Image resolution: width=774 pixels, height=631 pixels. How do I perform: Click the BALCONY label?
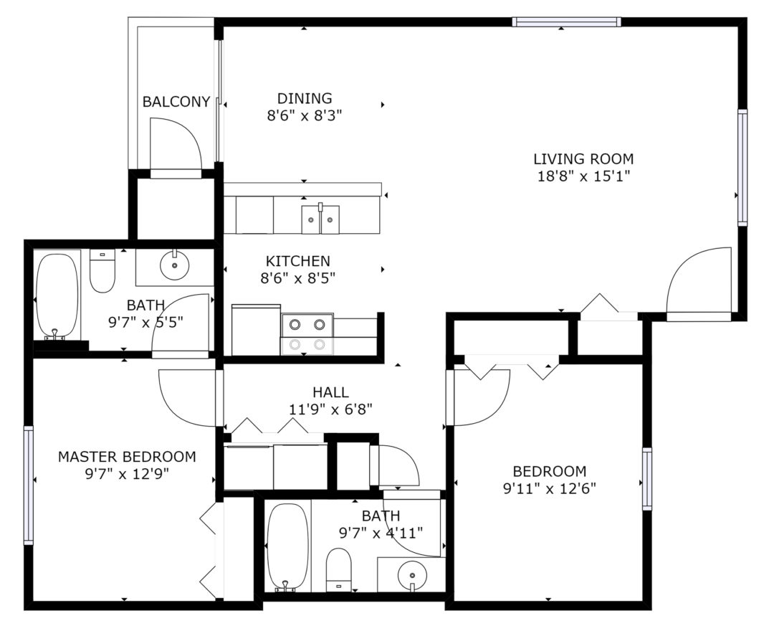click(x=176, y=102)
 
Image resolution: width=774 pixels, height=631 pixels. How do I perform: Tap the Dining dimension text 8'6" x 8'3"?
click(x=305, y=116)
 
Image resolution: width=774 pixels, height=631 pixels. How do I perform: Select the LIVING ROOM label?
click(x=583, y=159)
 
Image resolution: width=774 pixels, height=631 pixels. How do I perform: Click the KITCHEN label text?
click(x=298, y=261)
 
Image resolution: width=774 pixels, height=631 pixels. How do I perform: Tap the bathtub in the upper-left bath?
click(x=57, y=295)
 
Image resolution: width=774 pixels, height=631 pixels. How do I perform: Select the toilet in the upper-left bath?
click(x=102, y=271)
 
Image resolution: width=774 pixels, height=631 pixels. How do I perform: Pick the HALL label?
click(x=330, y=392)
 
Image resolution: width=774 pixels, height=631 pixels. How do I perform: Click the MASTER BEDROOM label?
click(x=127, y=457)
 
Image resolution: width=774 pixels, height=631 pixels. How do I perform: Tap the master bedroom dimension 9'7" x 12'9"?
click(x=127, y=474)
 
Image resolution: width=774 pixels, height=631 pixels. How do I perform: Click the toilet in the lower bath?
click(x=338, y=569)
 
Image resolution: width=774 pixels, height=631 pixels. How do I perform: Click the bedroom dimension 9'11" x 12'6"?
click(x=550, y=489)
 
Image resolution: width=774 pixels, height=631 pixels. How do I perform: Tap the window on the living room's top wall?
click(x=567, y=22)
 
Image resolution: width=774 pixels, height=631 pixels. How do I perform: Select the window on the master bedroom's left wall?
click(x=29, y=485)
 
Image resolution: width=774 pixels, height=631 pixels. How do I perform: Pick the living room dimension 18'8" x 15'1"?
click(x=583, y=176)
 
